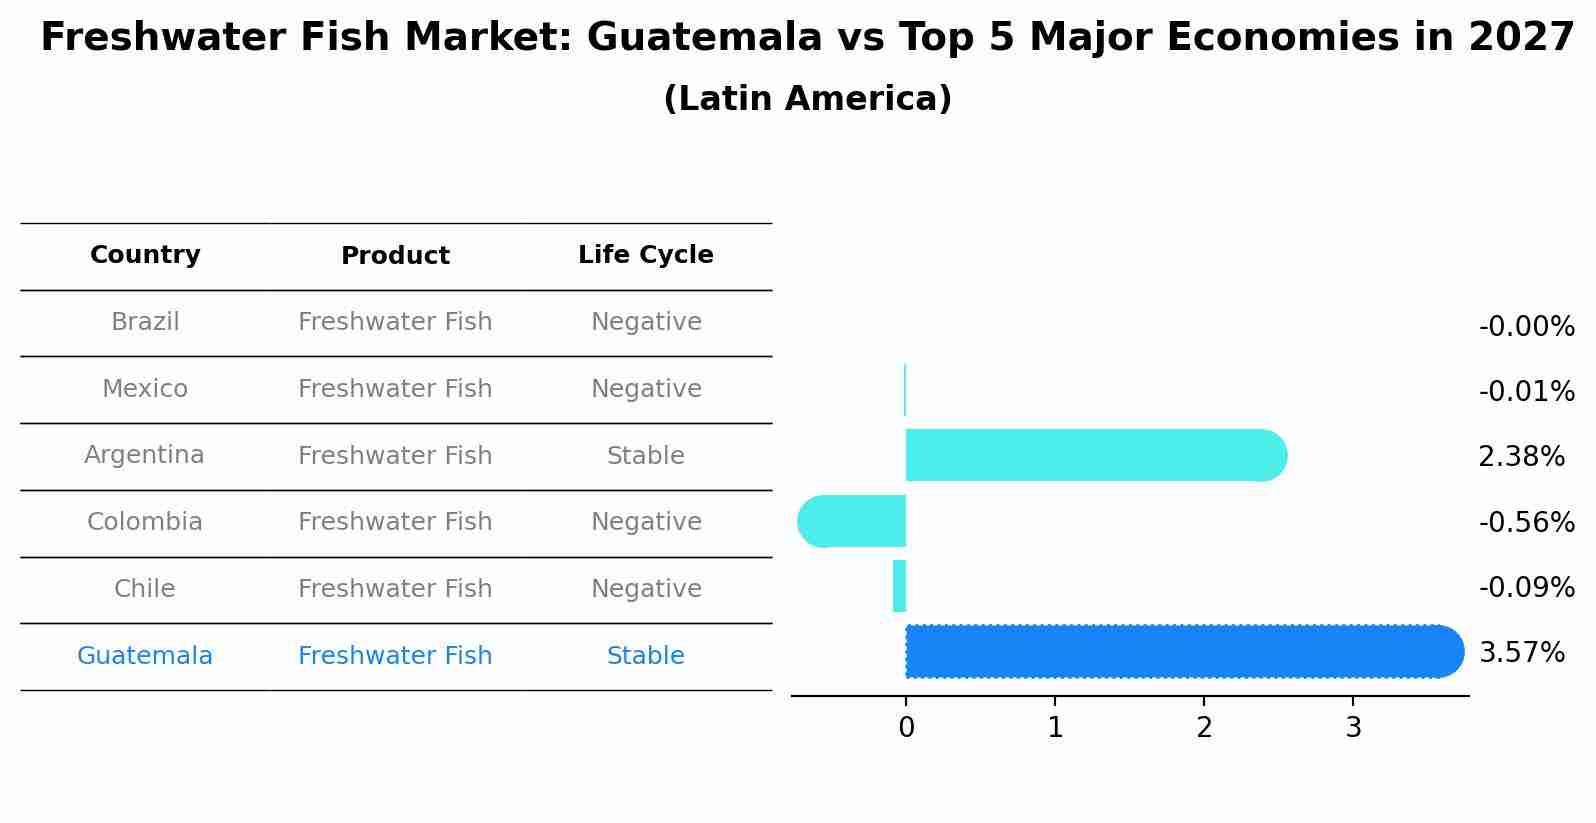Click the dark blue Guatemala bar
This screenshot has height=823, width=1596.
(1180, 651)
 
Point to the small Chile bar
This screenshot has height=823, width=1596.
(899, 586)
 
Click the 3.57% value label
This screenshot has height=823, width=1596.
(1521, 653)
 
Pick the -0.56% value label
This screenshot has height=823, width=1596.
(1526, 522)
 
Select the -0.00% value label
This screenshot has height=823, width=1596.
(1526, 327)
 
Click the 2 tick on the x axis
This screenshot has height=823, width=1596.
(1204, 728)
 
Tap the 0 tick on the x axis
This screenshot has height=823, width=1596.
(906, 728)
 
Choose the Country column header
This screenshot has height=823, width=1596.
(145, 255)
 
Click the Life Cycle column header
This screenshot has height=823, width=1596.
(645, 255)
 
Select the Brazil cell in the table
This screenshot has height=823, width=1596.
(145, 322)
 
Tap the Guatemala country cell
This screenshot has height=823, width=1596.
(145, 656)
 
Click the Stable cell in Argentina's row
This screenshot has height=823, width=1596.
(645, 456)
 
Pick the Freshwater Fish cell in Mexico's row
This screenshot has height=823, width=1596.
(395, 389)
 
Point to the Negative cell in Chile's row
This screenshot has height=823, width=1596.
(645, 589)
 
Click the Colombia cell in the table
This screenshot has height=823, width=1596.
(145, 522)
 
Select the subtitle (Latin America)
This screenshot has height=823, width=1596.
(807, 99)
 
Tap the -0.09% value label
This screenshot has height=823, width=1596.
(1526, 587)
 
